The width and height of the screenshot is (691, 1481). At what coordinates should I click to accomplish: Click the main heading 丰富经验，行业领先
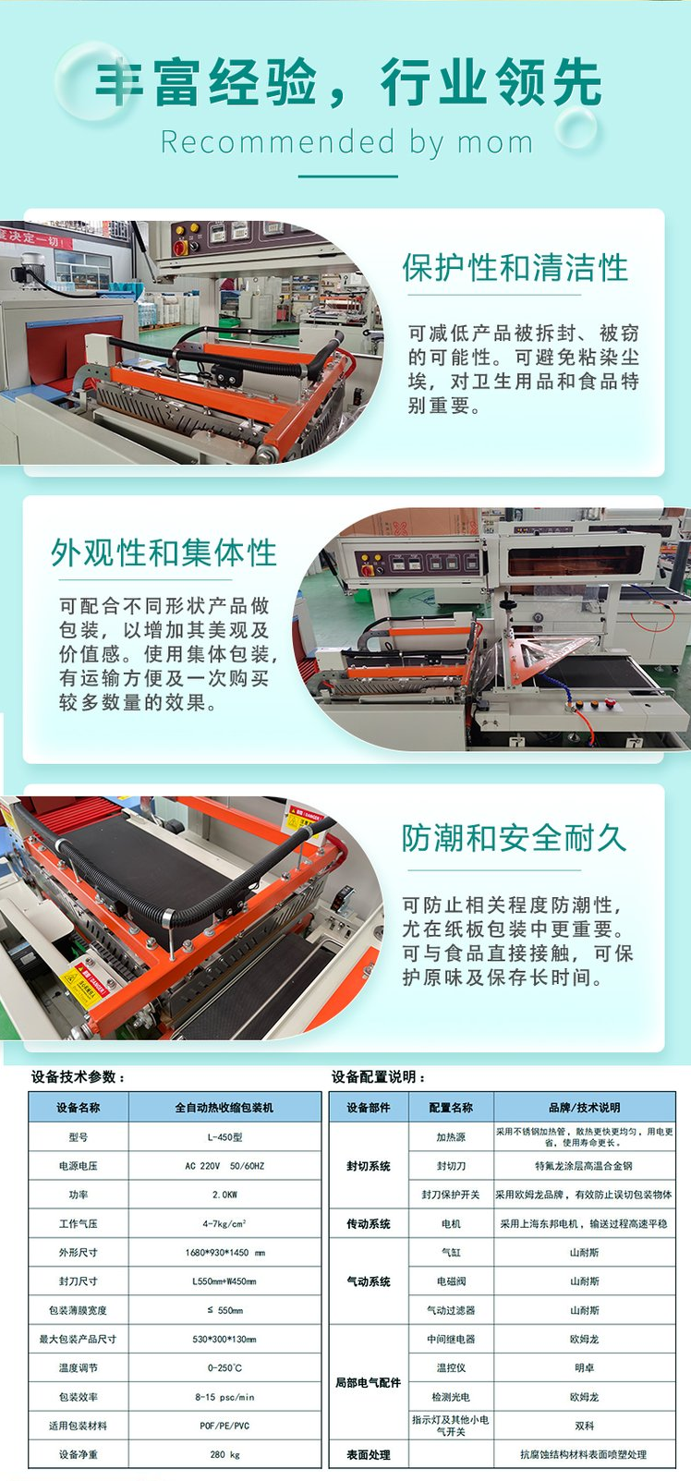pos(348,82)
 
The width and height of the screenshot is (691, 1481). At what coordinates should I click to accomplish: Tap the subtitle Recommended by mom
pos(347,142)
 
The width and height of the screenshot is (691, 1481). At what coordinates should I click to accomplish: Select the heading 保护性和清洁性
pos(515,268)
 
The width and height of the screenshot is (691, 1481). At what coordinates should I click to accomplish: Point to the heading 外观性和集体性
pos(164,552)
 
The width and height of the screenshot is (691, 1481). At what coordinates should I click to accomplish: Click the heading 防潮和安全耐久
pos(514,838)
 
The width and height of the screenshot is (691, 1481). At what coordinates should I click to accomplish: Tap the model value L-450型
pos(224,1137)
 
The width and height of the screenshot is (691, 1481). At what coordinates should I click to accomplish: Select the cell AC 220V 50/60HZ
pos(224,1166)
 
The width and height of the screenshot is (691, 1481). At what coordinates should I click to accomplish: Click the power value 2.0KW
pos(224,1195)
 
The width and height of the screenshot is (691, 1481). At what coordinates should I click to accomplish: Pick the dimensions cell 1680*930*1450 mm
pos(224,1253)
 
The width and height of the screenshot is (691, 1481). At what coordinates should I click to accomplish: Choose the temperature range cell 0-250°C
pos(224,1367)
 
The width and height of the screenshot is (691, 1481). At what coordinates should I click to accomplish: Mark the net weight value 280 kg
pos(224,1454)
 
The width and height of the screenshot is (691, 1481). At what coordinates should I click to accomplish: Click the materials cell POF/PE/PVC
pos(224,1426)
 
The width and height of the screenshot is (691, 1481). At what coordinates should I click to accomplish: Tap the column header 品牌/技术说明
pos(584,1107)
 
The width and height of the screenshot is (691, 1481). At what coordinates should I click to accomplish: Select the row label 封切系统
pos(368,1166)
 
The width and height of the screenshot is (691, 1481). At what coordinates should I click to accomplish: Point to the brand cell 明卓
pos(584,1367)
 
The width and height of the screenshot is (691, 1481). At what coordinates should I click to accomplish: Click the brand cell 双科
pos(584,1426)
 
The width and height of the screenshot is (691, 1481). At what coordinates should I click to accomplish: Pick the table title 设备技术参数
pos(78,1076)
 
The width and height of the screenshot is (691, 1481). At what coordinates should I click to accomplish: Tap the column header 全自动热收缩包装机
pos(224,1107)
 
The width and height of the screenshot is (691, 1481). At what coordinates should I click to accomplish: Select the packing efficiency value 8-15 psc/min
pos(224,1397)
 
